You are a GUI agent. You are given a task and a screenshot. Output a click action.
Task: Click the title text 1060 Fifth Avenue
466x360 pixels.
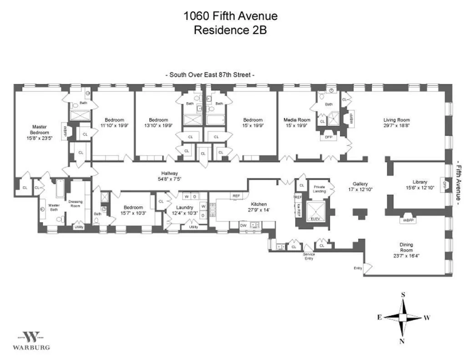(x=230, y=16)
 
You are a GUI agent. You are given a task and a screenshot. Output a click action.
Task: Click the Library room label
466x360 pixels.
(x=420, y=182)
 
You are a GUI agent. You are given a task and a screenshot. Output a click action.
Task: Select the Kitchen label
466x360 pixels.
(x=258, y=204)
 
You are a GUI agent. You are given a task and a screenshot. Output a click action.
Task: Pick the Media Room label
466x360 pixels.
(x=297, y=120)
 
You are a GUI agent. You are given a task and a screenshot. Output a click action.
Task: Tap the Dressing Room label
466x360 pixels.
(x=75, y=203)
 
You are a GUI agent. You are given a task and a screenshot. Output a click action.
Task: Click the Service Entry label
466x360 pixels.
(x=308, y=257)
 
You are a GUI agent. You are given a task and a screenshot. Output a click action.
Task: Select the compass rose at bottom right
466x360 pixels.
(x=403, y=317)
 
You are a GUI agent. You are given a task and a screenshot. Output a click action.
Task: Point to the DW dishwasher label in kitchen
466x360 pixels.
(x=243, y=225)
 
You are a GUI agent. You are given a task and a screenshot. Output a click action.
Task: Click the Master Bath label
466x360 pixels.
(x=54, y=207)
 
